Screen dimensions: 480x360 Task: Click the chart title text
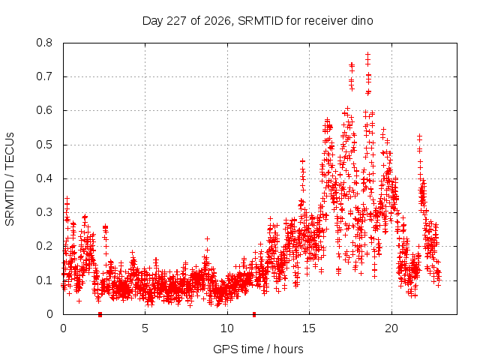point(258,21)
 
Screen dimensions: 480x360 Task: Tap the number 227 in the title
point(177,21)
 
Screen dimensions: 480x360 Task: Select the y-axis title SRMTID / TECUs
point(10,179)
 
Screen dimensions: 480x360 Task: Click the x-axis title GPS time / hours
point(258,349)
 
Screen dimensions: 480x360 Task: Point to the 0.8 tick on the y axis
point(44,43)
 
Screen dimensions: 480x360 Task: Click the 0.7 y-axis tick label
point(44,76)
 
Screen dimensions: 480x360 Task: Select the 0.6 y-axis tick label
point(44,110)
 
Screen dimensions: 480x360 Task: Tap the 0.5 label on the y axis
point(44,145)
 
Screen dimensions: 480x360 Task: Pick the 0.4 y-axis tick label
point(44,178)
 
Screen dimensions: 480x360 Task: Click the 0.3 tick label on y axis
point(44,212)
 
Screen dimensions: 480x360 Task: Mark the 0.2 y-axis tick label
point(44,246)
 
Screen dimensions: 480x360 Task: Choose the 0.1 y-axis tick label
point(44,280)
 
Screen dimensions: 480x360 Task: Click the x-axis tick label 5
point(145,328)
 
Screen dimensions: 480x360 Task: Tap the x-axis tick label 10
point(227,328)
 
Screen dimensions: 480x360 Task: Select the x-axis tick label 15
point(309,328)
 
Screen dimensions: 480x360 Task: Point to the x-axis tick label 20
point(391,328)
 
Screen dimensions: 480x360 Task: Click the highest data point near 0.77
point(368,54)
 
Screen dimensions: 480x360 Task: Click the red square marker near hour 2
point(100,314)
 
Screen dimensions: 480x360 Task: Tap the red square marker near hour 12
point(254,314)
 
